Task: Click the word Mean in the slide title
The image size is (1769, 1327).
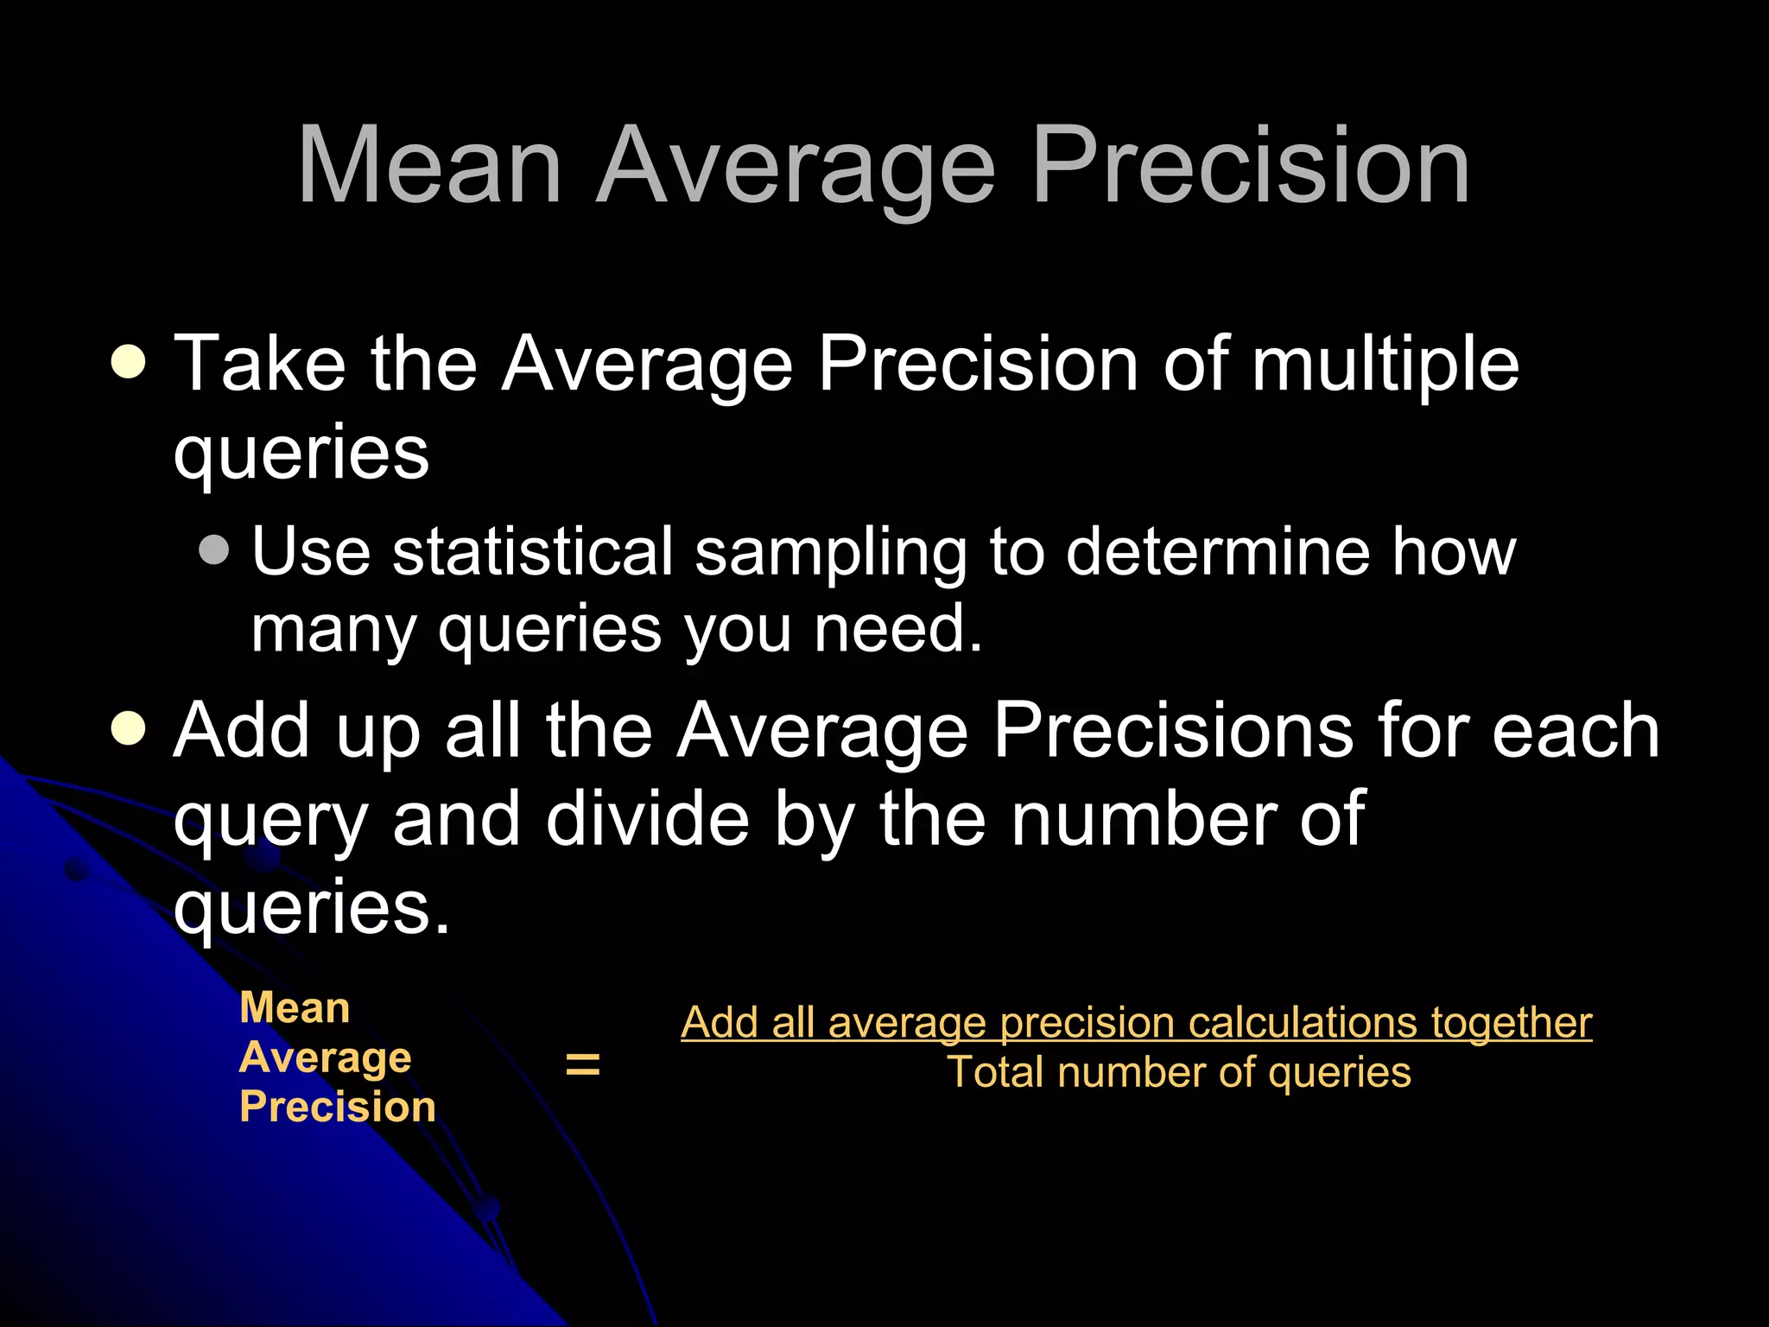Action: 430,166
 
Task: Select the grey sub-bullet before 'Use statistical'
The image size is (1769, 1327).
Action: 214,550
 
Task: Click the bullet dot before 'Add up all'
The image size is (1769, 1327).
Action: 129,729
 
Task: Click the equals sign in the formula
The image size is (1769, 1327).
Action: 582,1064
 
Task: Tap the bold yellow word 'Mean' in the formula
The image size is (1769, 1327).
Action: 295,1008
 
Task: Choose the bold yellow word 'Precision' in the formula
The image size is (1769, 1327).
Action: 338,1107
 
